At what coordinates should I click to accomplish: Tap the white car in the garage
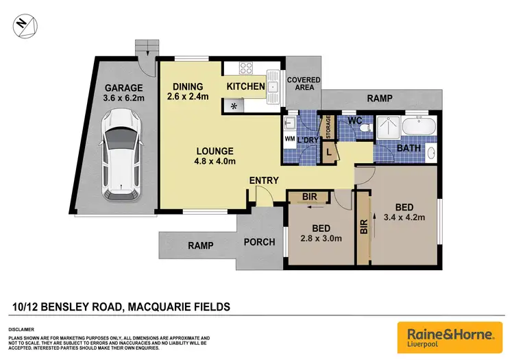click(120, 158)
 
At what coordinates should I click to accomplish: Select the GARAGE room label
click(123, 88)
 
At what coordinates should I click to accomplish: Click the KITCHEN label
click(245, 86)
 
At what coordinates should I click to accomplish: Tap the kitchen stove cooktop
click(246, 68)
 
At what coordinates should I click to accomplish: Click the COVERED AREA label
click(304, 84)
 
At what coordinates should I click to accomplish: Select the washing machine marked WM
click(289, 138)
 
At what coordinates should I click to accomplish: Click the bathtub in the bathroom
click(417, 127)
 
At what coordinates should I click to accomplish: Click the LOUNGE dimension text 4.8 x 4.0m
click(215, 162)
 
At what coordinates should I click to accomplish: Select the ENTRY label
click(264, 180)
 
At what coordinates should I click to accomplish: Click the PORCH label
click(259, 242)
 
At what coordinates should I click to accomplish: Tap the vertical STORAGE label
click(328, 126)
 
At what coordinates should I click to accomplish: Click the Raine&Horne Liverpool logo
click(450, 336)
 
